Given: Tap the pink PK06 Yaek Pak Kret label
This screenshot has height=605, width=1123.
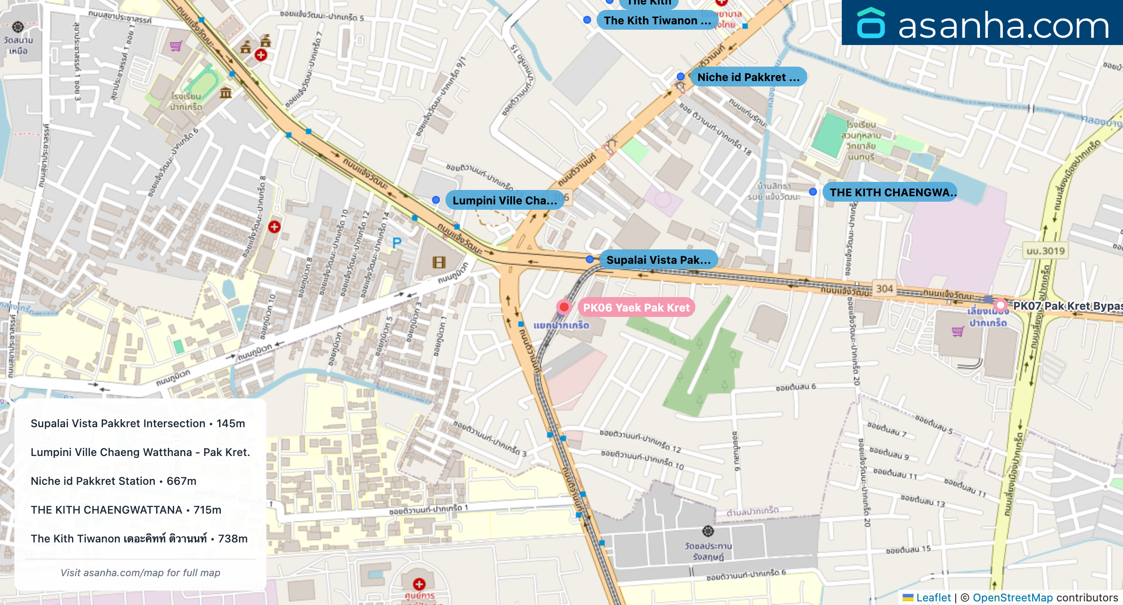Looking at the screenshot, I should pos(636,307).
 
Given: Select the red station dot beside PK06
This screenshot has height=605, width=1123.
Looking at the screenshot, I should pos(564,307).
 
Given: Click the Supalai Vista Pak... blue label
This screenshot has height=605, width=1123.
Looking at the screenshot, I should pos(658,260).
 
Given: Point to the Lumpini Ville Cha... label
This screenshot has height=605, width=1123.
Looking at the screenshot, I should pos(504,200).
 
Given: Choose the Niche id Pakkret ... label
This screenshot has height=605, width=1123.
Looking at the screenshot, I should pos(748,77).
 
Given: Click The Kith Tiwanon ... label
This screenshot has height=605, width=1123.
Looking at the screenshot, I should pos(657,20).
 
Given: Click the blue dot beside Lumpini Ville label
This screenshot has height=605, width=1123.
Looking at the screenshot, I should pos(436,200).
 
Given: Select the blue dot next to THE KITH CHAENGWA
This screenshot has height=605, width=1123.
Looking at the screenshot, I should pos(813,192).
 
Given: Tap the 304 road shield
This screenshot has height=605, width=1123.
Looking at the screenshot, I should pos(884,289).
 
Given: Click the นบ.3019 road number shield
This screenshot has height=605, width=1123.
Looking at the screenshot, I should pos(1046,251).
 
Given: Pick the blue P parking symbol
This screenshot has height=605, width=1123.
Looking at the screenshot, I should pos(396,244).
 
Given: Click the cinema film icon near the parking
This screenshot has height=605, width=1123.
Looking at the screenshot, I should pos(439,262).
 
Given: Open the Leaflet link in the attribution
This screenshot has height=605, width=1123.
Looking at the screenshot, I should pos(933,597).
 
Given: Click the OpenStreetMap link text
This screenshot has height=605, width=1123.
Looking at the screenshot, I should pos(1012,597).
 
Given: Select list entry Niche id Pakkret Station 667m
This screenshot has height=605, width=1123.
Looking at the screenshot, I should pos(113,481).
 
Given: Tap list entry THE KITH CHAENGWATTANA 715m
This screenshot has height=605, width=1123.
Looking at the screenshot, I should pos(126,510).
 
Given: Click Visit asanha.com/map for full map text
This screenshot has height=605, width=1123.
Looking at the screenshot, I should pos(140,573).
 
